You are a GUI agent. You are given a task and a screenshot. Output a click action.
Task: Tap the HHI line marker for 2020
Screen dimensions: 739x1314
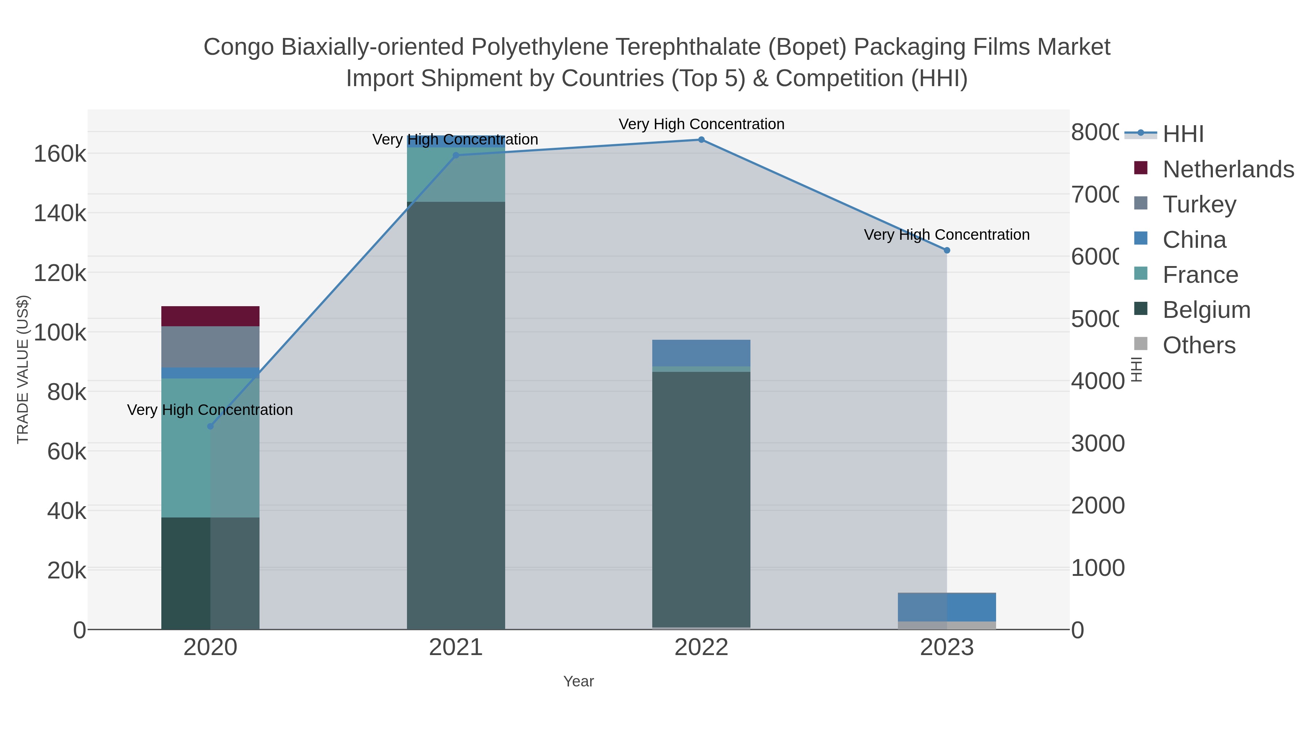tap(210, 426)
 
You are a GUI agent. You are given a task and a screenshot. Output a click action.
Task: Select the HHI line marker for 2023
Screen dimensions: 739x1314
tap(947, 250)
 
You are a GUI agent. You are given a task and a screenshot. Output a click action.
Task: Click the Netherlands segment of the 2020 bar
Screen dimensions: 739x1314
tap(210, 316)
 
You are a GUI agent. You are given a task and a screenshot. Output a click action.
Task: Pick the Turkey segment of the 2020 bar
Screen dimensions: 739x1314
tap(210, 347)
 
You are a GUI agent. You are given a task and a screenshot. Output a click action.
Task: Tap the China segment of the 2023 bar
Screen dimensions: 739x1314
tap(947, 607)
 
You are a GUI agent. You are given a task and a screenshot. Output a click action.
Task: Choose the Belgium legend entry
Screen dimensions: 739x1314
tap(1206, 310)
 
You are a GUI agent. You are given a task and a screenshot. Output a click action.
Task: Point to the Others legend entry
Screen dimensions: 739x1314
tap(1198, 345)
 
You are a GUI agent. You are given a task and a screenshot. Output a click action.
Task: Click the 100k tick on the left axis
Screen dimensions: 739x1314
tap(60, 332)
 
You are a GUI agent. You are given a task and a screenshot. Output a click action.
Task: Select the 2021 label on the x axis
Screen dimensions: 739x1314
tap(456, 648)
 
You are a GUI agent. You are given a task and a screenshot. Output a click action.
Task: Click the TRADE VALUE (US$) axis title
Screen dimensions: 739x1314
tap(23, 369)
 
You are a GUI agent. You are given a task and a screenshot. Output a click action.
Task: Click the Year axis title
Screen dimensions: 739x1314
tap(579, 681)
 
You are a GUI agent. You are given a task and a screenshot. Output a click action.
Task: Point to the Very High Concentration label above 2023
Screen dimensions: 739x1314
tap(947, 235)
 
